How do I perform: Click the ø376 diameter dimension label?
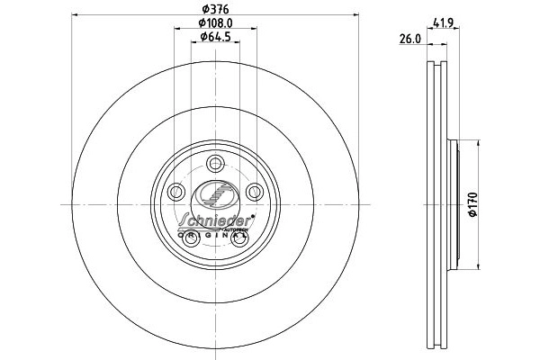(214, 9)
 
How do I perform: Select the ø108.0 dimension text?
(216, 22)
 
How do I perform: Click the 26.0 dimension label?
(410, 39)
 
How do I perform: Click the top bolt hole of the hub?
(216, 163)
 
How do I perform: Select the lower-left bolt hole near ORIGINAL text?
(192, 238)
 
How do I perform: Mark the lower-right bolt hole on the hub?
(240, 238)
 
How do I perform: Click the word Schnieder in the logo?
(213, 220)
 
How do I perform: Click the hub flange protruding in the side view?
(455, 204)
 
